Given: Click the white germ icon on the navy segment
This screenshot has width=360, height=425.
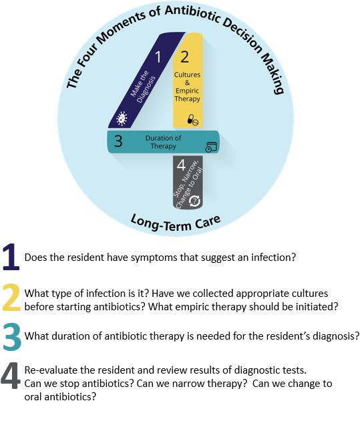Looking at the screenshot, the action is coord(122,119).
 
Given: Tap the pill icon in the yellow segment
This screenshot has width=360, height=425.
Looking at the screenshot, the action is coord(193,120).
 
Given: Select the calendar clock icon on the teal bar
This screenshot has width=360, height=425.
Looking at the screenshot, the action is coord(211,147).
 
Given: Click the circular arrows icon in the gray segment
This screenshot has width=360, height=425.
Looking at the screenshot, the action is coord(194,201).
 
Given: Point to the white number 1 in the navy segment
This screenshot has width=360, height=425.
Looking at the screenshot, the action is coord(158,57).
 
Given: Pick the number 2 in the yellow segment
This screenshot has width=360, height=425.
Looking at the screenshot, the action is coord(184,57).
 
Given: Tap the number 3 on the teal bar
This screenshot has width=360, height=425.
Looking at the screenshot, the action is coord(118,141).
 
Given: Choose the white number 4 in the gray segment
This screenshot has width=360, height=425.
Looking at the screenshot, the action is coord(181,165).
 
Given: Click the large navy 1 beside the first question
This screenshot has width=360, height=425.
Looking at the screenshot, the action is coord(11,257).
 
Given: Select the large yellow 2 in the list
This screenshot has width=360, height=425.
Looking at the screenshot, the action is coord(11,297).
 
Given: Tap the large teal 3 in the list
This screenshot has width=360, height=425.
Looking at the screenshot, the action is coord(12,338).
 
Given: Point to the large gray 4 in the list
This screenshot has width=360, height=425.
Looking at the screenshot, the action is coord(10,376).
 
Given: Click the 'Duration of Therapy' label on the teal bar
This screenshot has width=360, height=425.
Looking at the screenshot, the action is coord(164,142).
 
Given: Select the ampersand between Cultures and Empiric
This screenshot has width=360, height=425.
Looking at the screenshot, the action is coord(187,83).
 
